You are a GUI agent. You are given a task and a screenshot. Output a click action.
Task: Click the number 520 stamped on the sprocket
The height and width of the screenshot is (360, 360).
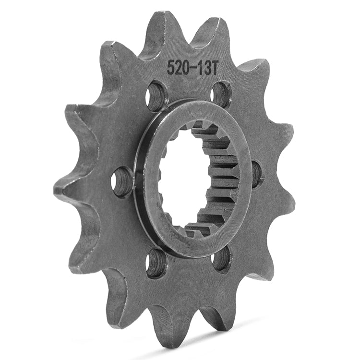click(x=177, y=68)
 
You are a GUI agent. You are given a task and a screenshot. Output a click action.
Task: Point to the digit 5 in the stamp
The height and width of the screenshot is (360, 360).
click(x=170, y=67)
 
